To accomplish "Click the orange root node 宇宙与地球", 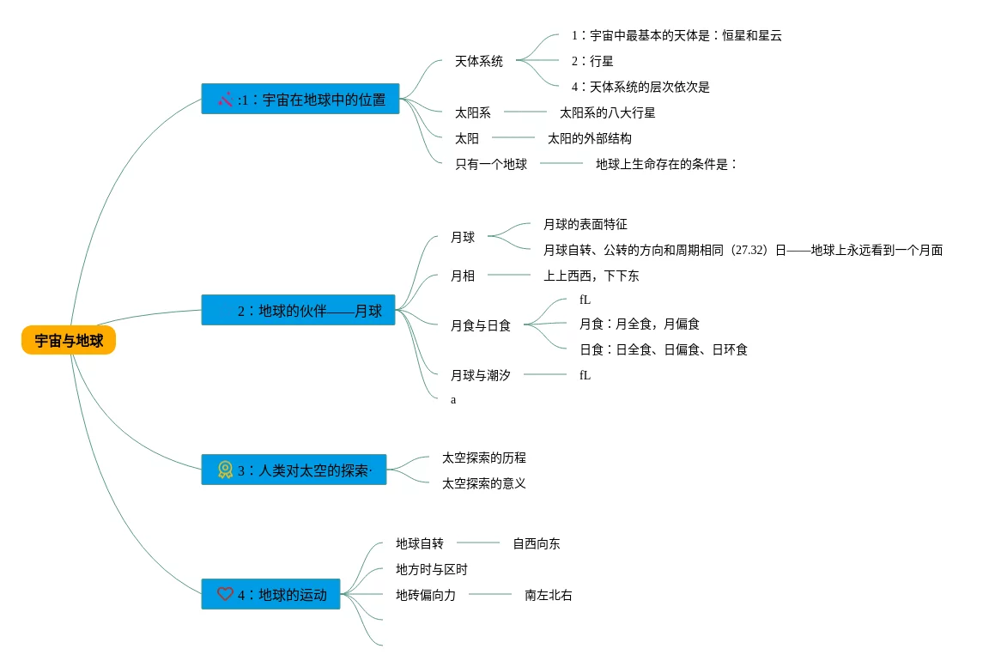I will (x=69, y=341).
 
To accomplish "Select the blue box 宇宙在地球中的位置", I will (x=300, y=99).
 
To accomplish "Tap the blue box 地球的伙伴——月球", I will (x=299, y=310).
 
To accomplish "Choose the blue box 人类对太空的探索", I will (x=294, y=470).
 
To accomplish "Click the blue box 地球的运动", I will (x=271, y=594).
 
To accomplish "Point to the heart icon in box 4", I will (x=225, y=594).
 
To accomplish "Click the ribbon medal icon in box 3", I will (x=225, y=470).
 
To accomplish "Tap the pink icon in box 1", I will (x=226, y=100).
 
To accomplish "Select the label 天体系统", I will (x=479, y=61).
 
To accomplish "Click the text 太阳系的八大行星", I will (x=607, y=112).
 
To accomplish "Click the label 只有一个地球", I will (x=491, y=164).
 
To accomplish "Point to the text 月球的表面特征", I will (x=585, y=224).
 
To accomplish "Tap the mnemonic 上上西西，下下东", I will (x=591, y=276).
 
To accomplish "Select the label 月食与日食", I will (x=481, y=325).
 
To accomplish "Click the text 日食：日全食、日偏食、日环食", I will (x=663, y=349).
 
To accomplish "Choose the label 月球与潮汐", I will (x=480, y=375).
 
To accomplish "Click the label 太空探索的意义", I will (x=483, y=483).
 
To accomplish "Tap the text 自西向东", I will (x=537, y=543).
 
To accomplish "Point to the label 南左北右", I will (x=549, y=595).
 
